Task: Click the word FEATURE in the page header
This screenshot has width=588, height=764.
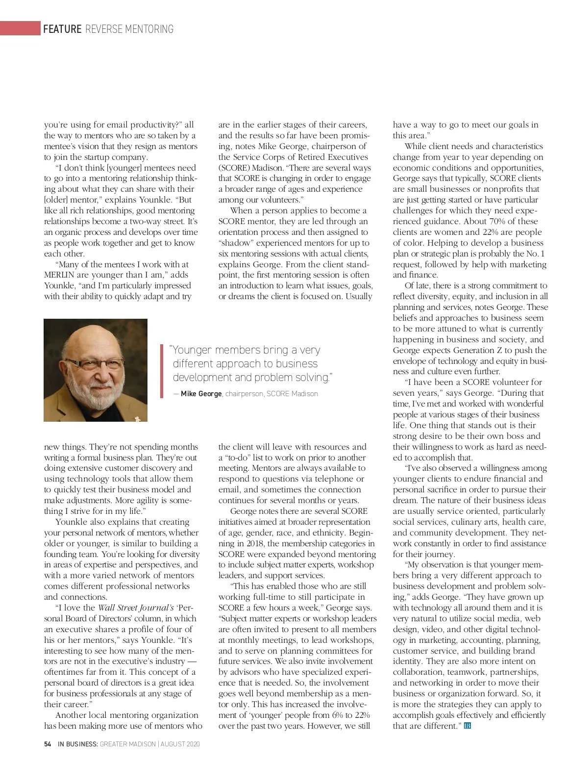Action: tap(62, 29)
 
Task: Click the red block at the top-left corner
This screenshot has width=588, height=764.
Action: tap(20, 28)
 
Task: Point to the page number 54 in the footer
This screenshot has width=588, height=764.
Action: tap(48, 744)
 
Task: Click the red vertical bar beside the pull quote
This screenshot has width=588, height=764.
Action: tap(162, 371)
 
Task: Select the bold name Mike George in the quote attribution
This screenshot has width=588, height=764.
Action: tap(201, 394)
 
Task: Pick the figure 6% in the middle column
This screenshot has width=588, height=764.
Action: tap(337, 715)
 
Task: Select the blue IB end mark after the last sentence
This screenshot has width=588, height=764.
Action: tap(467, 726)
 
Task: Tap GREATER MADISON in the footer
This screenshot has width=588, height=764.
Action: tap(127, 744)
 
